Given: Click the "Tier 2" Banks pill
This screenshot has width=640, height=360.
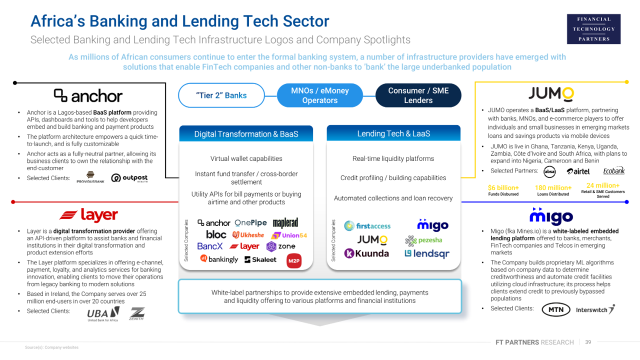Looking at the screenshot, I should [x=221, y=95].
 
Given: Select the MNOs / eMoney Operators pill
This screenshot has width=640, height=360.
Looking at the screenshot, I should [x=319, y=95].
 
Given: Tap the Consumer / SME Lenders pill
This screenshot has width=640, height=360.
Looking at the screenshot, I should [x=418, y=95].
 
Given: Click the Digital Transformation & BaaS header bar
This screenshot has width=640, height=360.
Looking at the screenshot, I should [x=246, y=134].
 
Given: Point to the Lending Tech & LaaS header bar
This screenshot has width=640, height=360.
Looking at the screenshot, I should [x=393, y=133].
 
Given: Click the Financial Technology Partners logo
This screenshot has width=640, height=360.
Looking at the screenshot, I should [x=594, y=29].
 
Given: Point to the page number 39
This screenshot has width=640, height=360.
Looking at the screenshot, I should [x=588, y=342].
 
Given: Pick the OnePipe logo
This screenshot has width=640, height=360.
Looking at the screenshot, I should [x=250, y=223].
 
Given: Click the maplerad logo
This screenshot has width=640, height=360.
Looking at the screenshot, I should [x=285, y=223].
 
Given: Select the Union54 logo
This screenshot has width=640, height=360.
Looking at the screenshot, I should [x=289, y=235].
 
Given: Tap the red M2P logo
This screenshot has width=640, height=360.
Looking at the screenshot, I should [x=294, y=260].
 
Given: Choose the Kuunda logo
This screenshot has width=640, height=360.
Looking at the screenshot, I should [x=366, y=253].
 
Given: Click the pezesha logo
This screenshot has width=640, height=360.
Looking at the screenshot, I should [x=423, y=240].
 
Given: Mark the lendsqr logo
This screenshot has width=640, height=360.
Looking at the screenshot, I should [x=426, y=253].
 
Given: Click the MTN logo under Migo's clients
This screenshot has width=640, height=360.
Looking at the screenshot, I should [x=555, y=309].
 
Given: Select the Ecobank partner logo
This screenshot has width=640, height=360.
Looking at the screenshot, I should [x=613, y=171].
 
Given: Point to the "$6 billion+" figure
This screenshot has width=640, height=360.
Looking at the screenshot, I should [x=503, y=188].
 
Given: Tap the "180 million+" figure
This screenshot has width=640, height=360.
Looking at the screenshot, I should [x=553, y=188].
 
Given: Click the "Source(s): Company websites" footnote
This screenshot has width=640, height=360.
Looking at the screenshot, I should [x=52, y=347].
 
